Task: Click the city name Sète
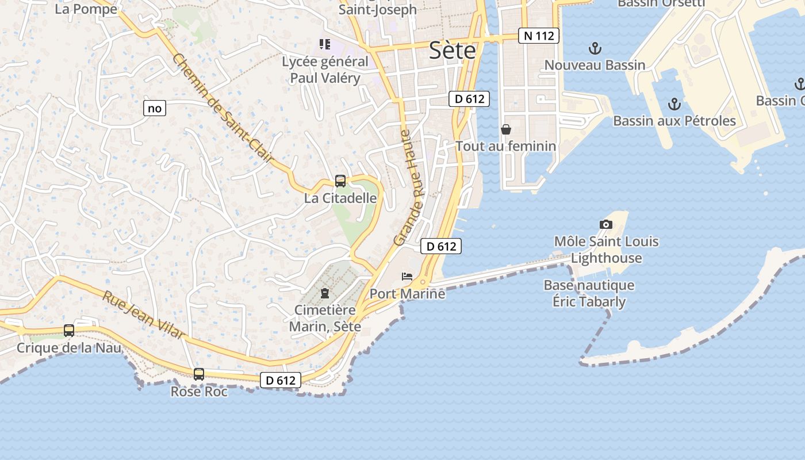click(453, 51)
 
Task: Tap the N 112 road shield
click(538, 36)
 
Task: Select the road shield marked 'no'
click(155, 108)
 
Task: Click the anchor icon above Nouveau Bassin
click(595, 48)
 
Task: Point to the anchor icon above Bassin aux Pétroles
click(674, 104)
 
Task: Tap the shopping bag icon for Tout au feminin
click(506, 129)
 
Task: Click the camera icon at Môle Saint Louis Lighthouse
click(605, 224)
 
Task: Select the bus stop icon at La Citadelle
click(340, 181)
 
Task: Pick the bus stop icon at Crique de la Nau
click(69, 331)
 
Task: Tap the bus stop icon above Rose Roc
click(199, 374)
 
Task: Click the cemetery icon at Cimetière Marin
click(325, 293)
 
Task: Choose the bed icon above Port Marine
click(407, 277)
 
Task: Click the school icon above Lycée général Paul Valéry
click(325, 44)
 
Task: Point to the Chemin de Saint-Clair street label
click(222, 108)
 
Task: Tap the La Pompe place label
click(86, 9)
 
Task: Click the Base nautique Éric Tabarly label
click(589, 293)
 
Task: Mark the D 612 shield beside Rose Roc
click(281, 380)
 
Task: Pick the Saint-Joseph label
click(377, 10)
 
